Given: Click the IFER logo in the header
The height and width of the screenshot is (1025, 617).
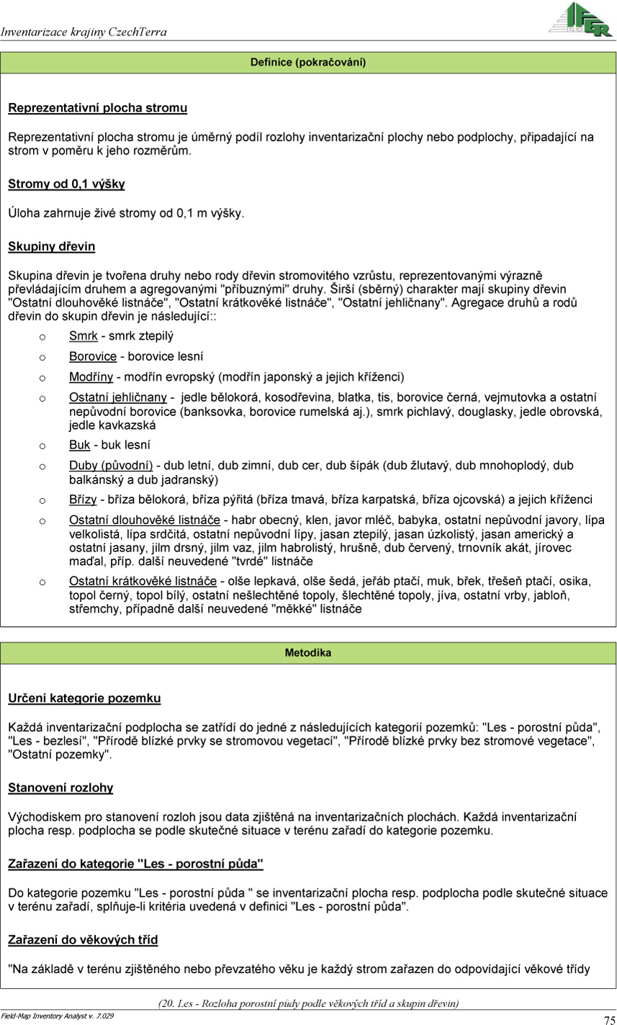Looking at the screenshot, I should point(581,19).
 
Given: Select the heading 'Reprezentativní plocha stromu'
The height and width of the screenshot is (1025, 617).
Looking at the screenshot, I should point(97,108).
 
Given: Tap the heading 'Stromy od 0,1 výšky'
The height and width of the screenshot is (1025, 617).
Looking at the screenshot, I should point(66,184).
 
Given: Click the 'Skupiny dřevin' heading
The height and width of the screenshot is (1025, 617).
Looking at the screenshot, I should point(51,246).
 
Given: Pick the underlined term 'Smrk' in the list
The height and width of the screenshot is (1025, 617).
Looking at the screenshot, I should point(83,335).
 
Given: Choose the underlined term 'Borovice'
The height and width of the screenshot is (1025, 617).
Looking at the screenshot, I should point(92,356).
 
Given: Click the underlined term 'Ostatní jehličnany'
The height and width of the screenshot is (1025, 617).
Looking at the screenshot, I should point(118,397).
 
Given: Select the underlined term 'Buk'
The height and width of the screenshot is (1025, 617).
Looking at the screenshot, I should point(79,445).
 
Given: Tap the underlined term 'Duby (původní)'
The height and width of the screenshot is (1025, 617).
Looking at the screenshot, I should point(111,466).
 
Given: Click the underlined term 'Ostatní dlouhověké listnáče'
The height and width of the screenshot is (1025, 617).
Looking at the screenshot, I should point(144,520).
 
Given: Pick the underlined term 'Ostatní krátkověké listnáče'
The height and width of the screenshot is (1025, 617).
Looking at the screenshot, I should point(143,581).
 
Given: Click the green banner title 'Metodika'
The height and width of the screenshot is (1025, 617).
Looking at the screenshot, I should point(308,653).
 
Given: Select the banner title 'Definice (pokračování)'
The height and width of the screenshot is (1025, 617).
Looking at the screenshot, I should point(308,63).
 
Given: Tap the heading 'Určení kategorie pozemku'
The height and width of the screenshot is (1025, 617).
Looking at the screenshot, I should point(84,698).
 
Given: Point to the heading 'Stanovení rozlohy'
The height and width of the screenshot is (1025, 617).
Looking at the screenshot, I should point(60,787).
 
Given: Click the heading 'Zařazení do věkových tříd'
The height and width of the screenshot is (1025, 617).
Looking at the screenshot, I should point(83,939).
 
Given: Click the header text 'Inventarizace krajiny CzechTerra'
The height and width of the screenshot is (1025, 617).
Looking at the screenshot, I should point(84,32).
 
